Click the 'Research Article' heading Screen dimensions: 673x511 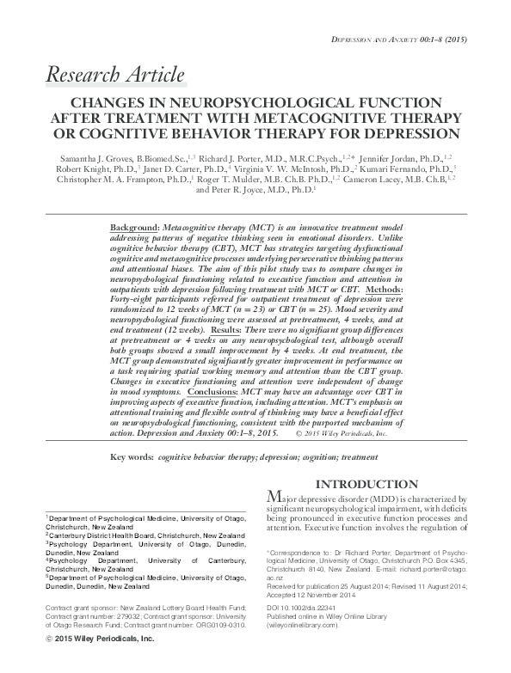[x=114, y=74]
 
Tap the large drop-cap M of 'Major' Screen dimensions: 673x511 [x=274, y=499]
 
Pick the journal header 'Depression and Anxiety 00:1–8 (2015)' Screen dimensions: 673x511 [x=407, y=39]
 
